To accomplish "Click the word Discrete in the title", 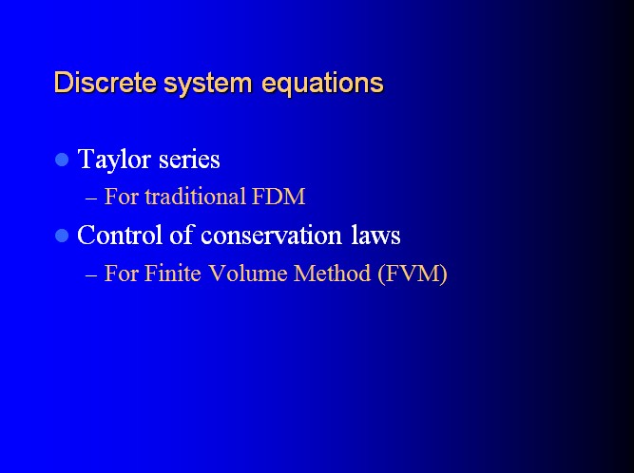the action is pyautogui.click(x=106, y=83).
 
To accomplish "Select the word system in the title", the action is pyautogui.click(x=208, y=85).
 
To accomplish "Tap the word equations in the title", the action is pyautogui.click(x=322, y=85).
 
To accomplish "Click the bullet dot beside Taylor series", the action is pyautogui.click(x=62, y=160).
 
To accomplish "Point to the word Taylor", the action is pyautogui.click(x=114, y=160).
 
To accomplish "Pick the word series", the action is pyautogui.click(x=189, y=160).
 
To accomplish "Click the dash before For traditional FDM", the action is pyautogui.click(x=91, y=199).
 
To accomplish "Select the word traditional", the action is pyautogui.click(x=196, y=197).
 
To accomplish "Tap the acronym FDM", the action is pyautogui.click(x=279, y=197).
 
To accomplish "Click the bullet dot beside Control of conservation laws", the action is pyautogui.click(x=62, y=236).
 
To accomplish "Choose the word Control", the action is pyautogui.click(x=120, y=235).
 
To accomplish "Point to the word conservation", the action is pyautogui.click(x=271, y=236).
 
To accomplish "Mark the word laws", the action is pyautogui.click(x=375, y=235).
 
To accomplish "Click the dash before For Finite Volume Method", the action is pyautogui.click(x=91, y=275).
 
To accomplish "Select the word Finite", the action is pyautogui.click(x=173, y=273).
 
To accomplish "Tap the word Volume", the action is pyautogui.click(x=248, y=273).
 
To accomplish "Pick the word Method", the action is pyautogui.click(x=332, y=273).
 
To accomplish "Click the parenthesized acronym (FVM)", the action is pyautogui.click(x=413, y=274).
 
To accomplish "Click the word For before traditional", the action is pyautogui.click(x=122, y=197).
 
